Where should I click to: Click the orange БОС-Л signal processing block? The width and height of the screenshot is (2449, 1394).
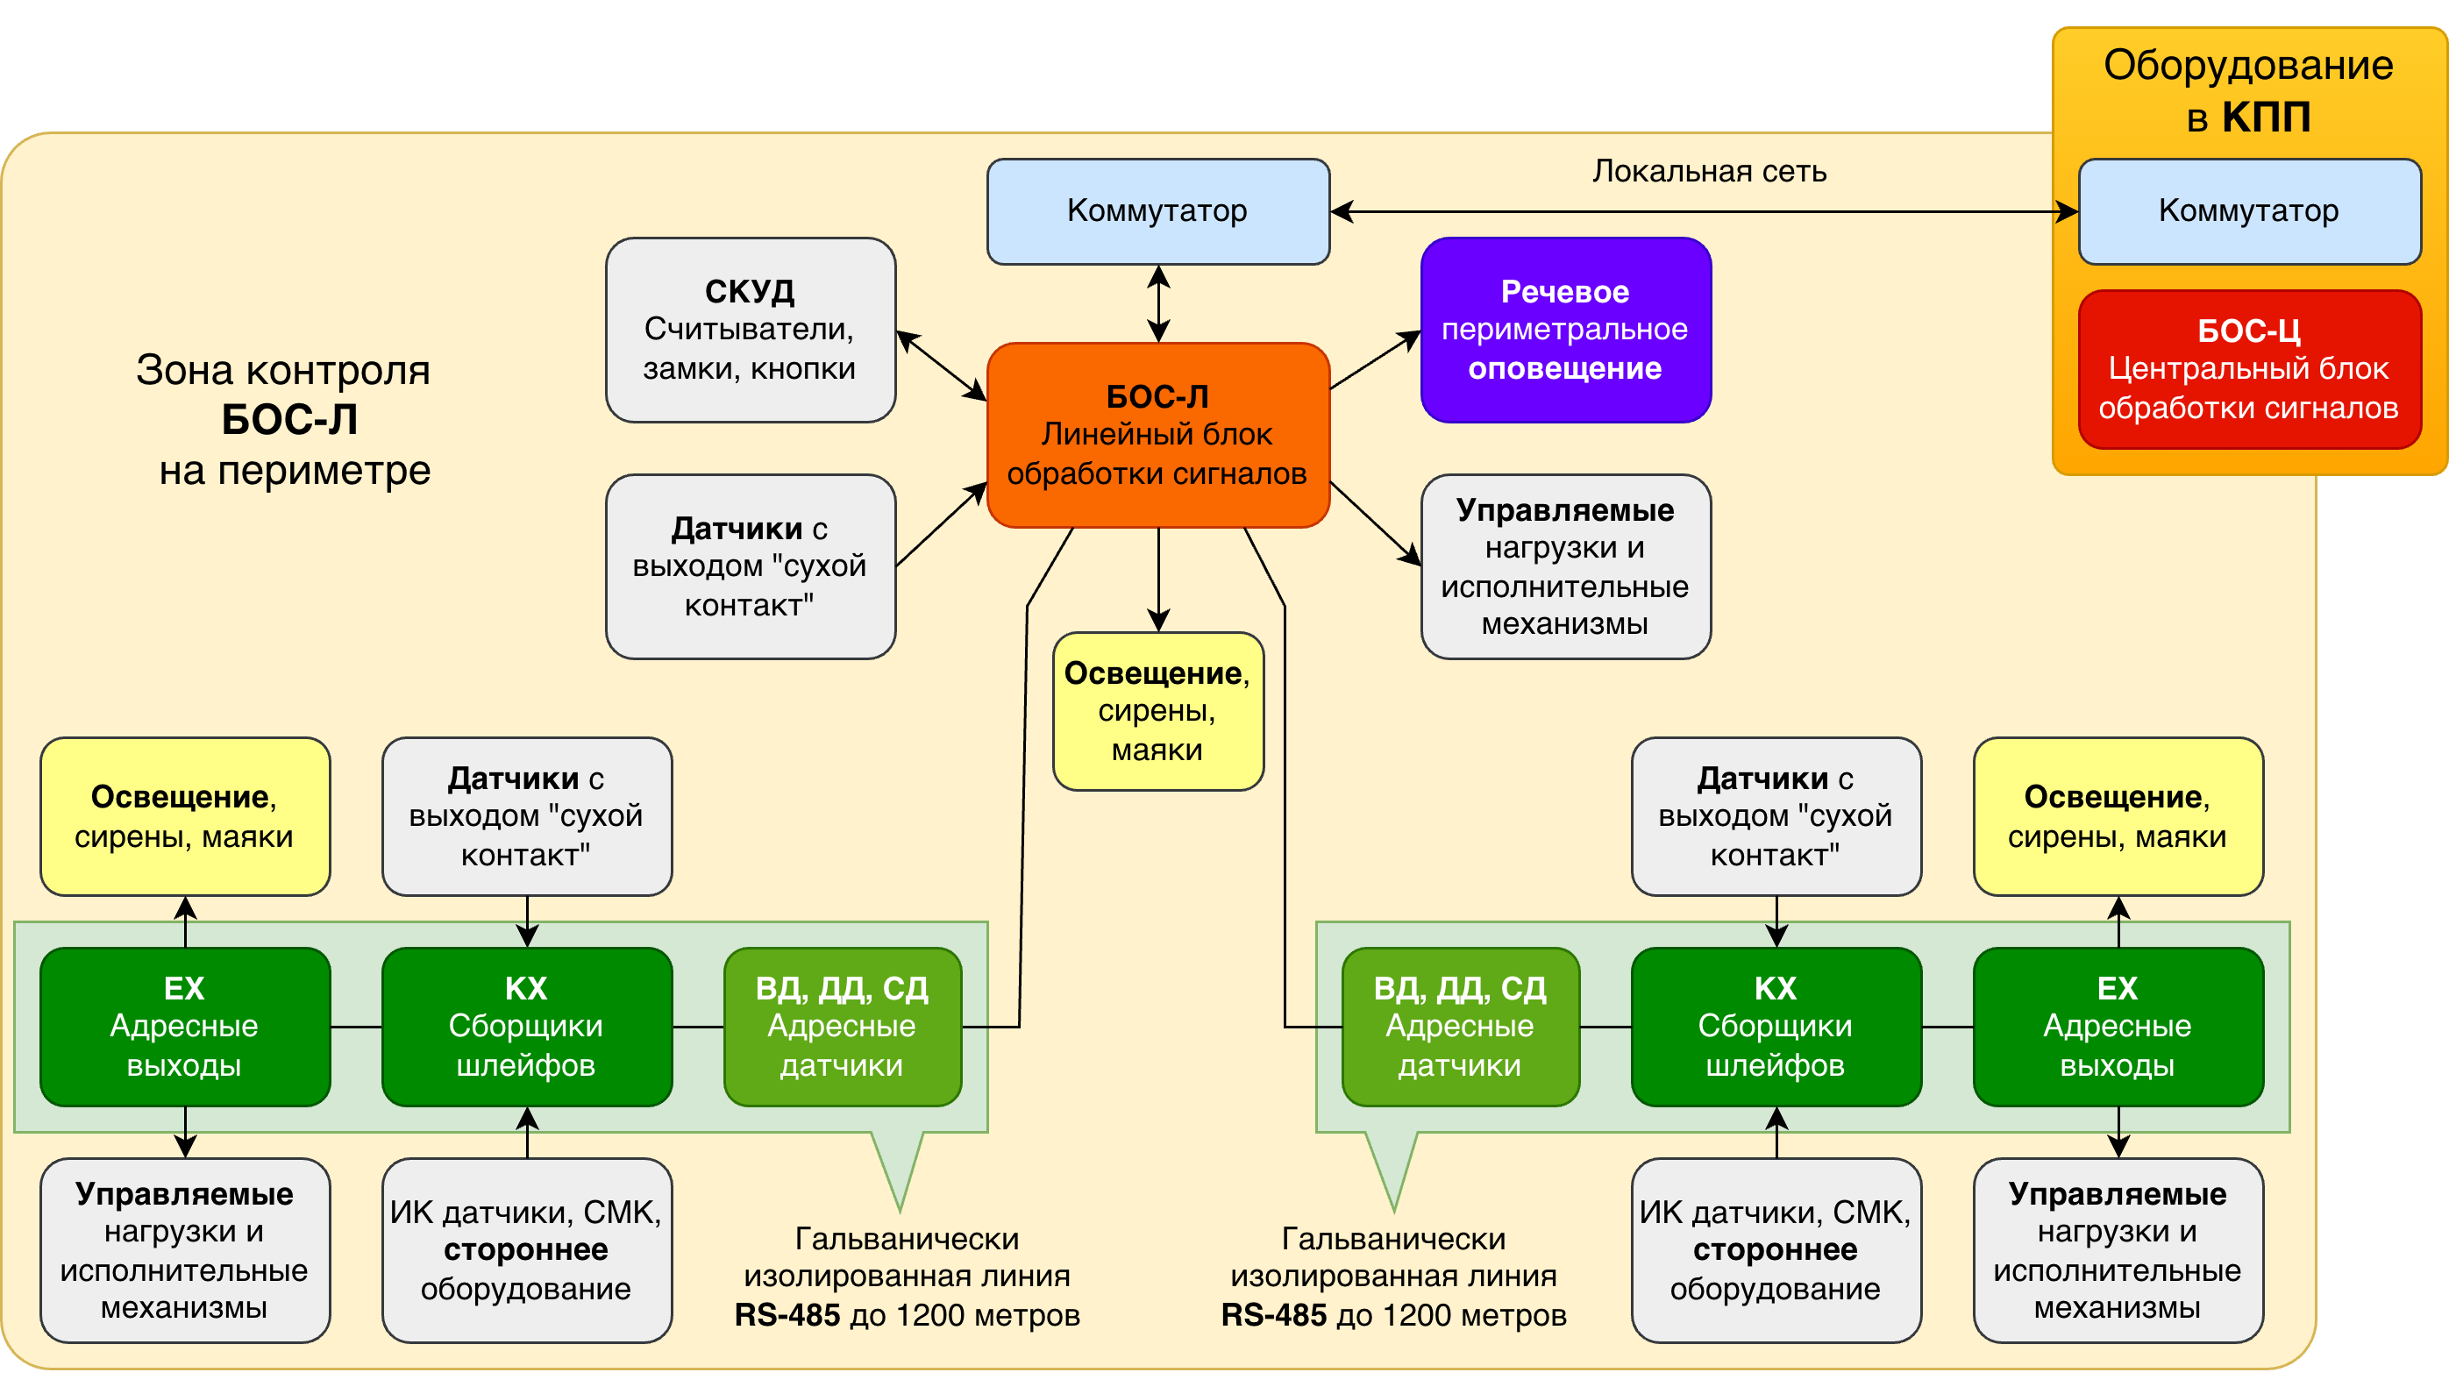(x=1157, y=435)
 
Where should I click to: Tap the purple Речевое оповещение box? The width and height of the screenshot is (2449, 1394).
(x=1565, y=330)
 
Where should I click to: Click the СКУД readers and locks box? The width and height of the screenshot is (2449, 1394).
(x=750, y=330)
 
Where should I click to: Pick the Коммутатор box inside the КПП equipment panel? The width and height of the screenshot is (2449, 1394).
(x=2249, y=210)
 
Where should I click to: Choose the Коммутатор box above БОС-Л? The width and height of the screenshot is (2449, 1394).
(x=1157, y=210)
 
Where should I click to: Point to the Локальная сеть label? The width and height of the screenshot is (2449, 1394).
(x=1709, y=171)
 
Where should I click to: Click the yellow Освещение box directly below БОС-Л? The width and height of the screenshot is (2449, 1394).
(x=1157, y=710)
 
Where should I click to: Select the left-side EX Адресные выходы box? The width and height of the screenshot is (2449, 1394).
(x=185, y=1027)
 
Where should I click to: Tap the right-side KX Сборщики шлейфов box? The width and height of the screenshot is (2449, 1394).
(x=1776, y=1027)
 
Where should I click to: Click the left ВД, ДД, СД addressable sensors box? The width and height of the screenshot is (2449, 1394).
(x=843, y=1027)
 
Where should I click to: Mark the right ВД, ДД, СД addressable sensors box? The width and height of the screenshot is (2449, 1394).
(x=1460, y=1027)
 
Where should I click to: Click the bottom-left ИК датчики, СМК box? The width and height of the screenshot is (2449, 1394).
(x=527, y=1250)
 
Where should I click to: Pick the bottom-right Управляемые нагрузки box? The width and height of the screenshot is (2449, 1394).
(x=2118, y=1250)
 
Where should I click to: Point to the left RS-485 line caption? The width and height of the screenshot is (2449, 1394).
(x=907, y=1277)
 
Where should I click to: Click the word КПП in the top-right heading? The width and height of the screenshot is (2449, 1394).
(x=2266, y=117)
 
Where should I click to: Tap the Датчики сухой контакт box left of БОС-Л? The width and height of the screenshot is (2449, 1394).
(x=750, y=566)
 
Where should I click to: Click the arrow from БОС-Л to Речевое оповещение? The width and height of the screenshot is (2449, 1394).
(x=1375, y=360)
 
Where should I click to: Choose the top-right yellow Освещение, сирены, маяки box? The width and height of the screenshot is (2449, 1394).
(x=2118, y=815)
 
